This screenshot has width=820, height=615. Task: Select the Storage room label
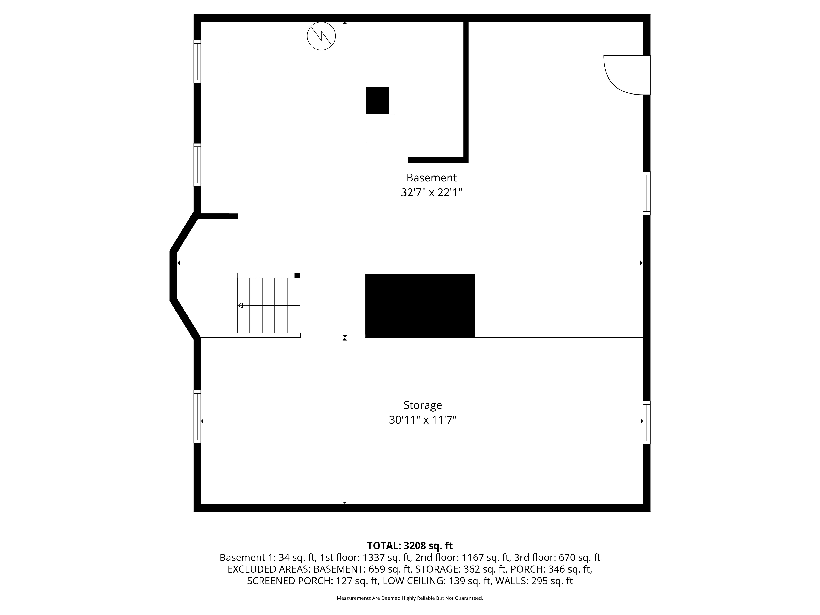pyautogui.click(x=423, y=405)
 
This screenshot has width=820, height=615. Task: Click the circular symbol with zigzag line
pyautogui.click(x=321, y=36)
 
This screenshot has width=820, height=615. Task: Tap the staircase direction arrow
pyautogui.click(x=240, y=305)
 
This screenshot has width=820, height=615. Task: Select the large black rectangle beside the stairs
pyautogui.click(x=420, y=305)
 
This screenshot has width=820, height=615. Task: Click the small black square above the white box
pyautogui.click(x=377, y=100)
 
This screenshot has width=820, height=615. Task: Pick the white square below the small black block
pyautogui.click(x=380, y=128)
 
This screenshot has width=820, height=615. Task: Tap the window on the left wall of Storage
pyautogui.click(x=197, y=417)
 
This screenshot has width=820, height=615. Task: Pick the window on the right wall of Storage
pyautogui.click(x=647, y=423)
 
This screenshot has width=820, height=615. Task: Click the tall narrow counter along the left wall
pyautogui.click(x=215, y=143)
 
